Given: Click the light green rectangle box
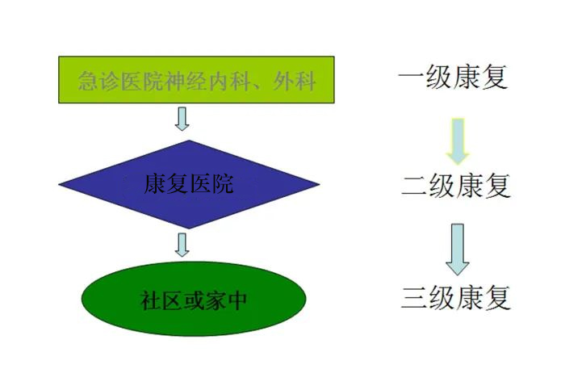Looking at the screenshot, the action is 196,80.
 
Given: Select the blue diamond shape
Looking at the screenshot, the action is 189,184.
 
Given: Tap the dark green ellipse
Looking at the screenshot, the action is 194,299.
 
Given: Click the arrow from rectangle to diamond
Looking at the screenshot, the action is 182,119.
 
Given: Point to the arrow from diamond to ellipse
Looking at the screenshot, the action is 182,245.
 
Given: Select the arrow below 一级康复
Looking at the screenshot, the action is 458,141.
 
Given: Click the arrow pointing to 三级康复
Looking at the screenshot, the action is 457,250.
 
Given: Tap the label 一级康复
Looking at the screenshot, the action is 453,78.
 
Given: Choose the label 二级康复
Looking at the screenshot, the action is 456,186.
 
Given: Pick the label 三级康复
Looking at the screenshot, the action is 456,298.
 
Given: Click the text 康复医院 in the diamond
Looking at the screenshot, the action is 189,184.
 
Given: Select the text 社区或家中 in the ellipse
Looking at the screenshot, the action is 194,300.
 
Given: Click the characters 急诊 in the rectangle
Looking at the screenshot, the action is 99,81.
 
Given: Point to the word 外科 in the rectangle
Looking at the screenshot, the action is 295,81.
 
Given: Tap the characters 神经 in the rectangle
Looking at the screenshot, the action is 186,81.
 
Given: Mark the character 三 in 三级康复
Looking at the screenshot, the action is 414,298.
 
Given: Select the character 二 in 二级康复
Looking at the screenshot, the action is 414,186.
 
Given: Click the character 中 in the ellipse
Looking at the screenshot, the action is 237,300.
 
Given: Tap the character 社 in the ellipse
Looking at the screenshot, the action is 150,300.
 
